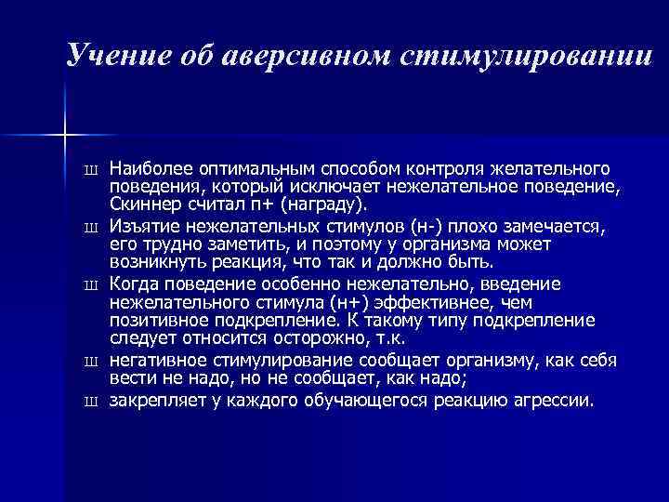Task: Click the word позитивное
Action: tap(154, 319)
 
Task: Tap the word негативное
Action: tap(153, 361)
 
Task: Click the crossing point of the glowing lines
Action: tap(65, 136)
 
